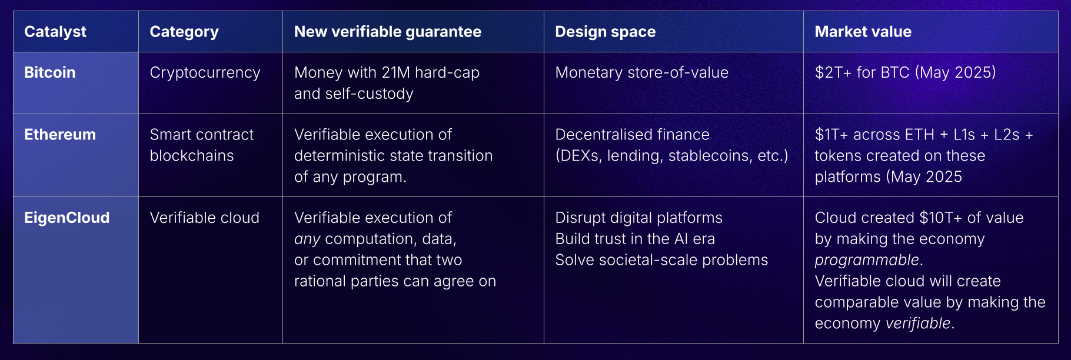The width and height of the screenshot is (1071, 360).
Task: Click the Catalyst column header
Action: (x=55, y=32)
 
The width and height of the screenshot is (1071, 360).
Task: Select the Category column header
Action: (x=184, y=32)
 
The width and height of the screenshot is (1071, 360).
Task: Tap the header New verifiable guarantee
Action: (x=388, y=32)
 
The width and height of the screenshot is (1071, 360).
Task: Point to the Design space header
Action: (x=606, y=32)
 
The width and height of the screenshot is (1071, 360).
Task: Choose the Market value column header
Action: (x=863, y=32)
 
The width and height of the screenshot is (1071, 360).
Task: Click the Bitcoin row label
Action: (x=50, y=72)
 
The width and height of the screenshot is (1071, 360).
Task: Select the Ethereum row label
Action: (x=60, y=135)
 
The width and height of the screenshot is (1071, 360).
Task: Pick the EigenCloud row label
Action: (x=67, y=218)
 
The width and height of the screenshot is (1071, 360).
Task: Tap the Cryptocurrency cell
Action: (x=205, y=72)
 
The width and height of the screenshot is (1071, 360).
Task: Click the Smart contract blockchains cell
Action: (x=202, y=145)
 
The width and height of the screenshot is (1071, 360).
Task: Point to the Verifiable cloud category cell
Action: (x=205, y=218)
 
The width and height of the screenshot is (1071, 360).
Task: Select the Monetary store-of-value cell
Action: (x=642, y=72)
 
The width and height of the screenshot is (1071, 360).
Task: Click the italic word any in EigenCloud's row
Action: (x=307, y=239)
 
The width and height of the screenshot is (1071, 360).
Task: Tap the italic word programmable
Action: (x=867, y=260)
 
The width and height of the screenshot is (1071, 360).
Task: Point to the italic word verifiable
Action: (x=917, y=324)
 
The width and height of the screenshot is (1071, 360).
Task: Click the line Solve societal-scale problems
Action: (x=661, y=260)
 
